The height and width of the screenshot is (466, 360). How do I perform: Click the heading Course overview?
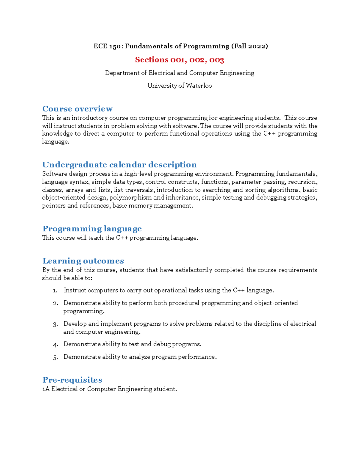77,109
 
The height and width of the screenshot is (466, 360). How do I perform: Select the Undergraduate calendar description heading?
119,164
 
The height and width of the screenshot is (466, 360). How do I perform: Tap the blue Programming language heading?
92,229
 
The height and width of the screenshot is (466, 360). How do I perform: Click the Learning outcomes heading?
83,261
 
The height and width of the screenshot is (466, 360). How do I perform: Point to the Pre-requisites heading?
72,380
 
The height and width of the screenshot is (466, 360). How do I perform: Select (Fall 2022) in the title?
249,46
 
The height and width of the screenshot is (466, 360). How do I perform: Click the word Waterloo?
199,86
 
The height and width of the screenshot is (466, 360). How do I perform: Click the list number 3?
55,324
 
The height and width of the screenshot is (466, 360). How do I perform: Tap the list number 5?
55,357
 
